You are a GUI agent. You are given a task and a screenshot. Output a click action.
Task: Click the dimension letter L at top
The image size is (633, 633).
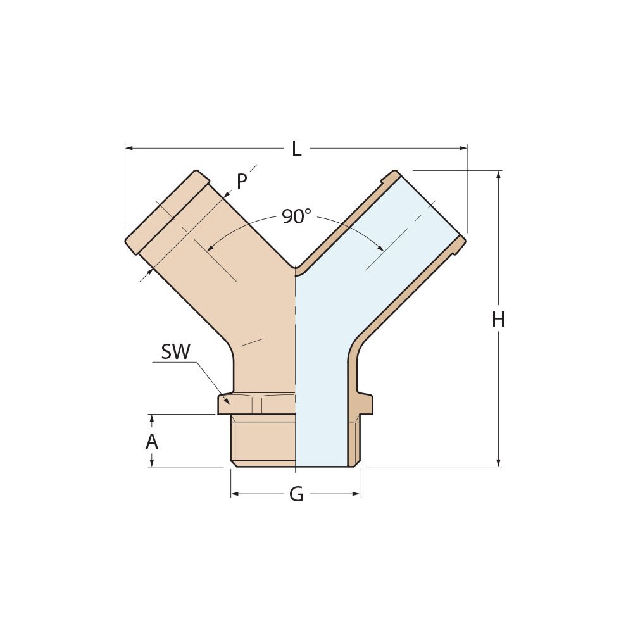(296, 149)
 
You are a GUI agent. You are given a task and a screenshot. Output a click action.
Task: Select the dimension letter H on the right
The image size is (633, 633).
(498, 320)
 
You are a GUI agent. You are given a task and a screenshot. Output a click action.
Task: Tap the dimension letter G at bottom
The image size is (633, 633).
(296, 494)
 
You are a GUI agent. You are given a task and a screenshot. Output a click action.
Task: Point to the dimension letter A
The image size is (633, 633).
(152, 442)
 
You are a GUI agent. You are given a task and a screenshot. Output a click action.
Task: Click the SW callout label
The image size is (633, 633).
(175, 352)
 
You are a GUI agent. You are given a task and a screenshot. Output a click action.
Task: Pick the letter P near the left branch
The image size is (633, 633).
(242, 182)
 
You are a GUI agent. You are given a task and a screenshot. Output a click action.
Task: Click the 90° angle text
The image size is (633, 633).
(296, 216)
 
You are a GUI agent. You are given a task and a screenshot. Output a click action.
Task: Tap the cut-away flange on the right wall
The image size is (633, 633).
(365, 403)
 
